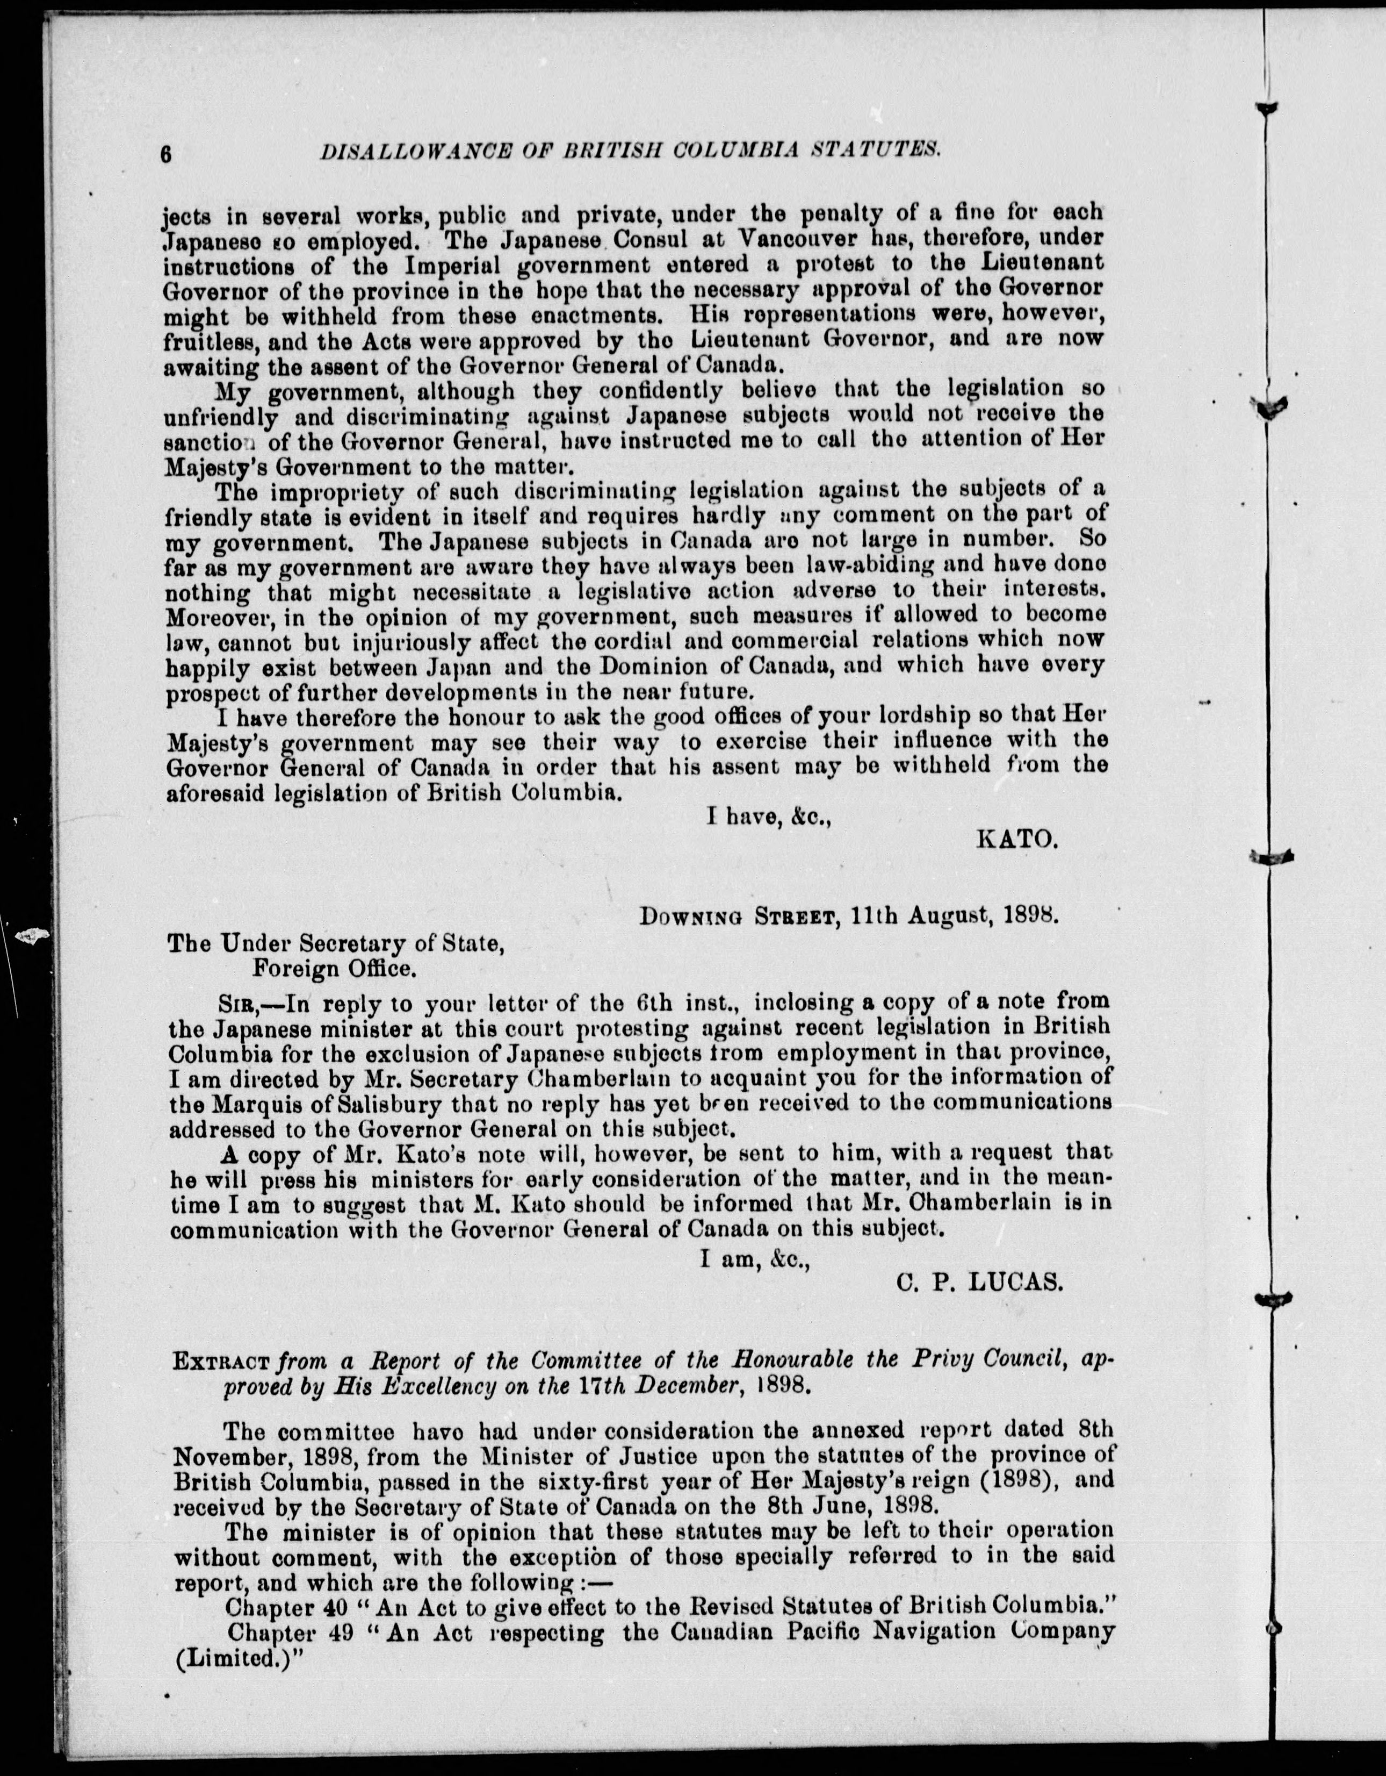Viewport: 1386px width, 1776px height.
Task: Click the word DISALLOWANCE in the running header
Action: [404, 149]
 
